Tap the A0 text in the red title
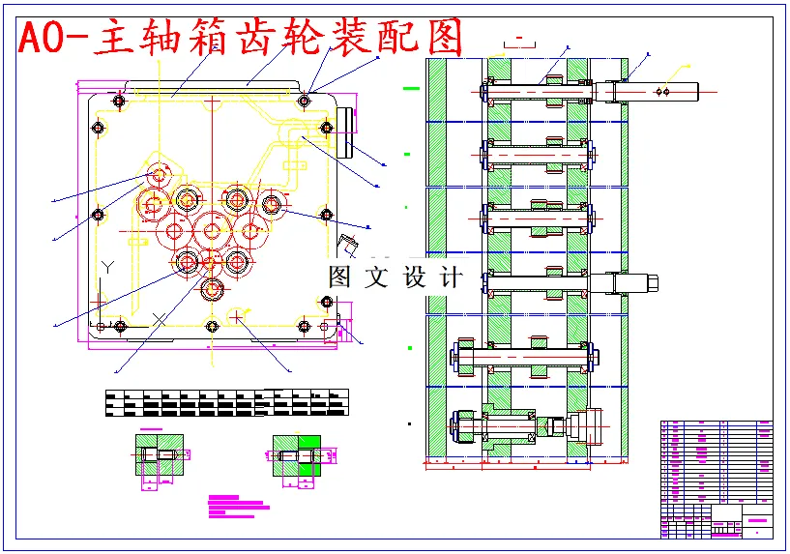(x=46, y=39)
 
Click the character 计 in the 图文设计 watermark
(x=451, y=277)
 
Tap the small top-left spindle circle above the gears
(x=159, y=173)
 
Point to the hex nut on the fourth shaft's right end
(x=649, y=282)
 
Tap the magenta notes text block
(x=238, y=503)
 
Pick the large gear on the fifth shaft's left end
(x=462, y=357)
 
